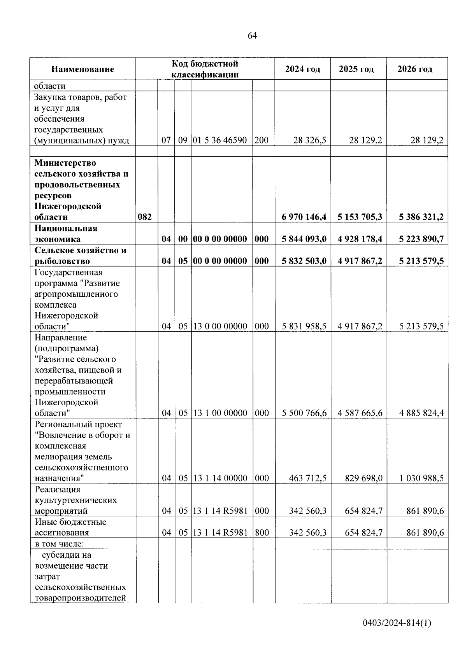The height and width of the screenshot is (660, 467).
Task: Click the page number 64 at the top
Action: [x=252, y=36]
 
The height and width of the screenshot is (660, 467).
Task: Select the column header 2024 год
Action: [x=302, y=69]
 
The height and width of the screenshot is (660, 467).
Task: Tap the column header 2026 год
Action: [x=415, y=69]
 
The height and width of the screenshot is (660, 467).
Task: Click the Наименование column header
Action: [x=83, y=69]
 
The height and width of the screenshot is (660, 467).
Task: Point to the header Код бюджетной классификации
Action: [x=205, y=69]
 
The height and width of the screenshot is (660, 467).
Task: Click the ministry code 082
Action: [x=145, y=217]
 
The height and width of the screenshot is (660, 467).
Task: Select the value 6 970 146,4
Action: [x=304, y=217]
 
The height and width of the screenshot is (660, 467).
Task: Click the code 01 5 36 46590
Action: [x=220, y=140]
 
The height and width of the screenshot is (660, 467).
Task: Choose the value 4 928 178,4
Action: [x=360, y=239]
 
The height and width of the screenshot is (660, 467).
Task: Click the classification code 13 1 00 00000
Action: [x=220, y=413]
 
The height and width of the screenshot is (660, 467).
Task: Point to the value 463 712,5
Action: [x=307, y=478]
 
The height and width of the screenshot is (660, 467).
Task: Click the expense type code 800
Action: [x=262, y=533]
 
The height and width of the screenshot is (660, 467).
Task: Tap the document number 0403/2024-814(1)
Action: [x=397, y=623]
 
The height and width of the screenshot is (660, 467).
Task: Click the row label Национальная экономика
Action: [x=66, y=233]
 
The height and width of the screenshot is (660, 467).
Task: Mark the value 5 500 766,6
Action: [x=304, y=413]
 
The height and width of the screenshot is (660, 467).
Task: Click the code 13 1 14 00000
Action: [x=220, y=478]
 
